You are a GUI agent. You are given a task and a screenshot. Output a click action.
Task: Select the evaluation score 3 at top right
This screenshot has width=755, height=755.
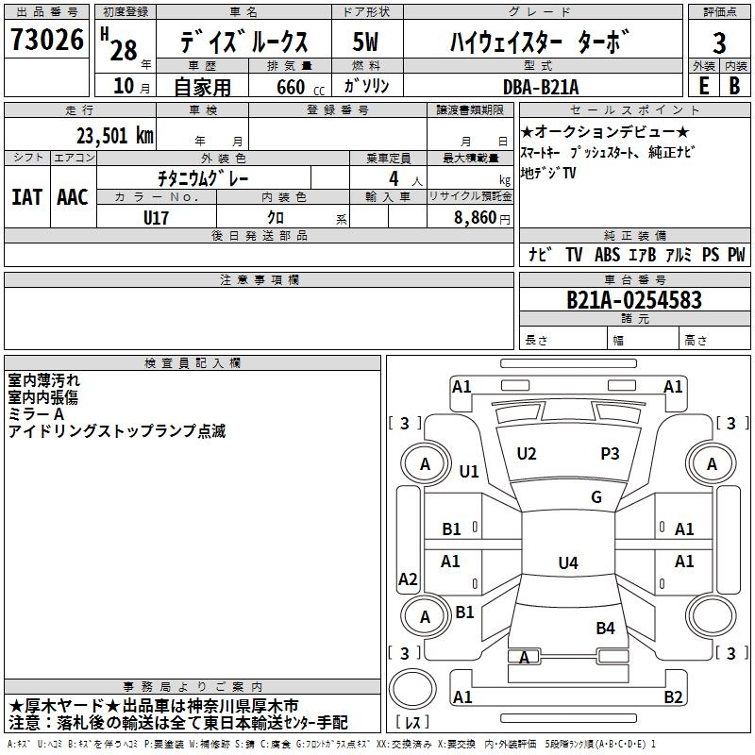coord(719,43)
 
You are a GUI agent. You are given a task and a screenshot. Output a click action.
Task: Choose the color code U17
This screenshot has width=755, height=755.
coord(156,216)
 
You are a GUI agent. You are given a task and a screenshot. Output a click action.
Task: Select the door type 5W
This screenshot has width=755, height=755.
coord(366,42)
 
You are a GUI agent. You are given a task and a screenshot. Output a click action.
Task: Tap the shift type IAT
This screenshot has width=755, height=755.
coord(26,197)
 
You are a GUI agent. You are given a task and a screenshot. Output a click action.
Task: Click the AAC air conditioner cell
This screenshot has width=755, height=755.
coord(72,197)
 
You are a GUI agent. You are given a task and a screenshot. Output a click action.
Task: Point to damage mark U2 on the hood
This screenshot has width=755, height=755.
coord(527,454)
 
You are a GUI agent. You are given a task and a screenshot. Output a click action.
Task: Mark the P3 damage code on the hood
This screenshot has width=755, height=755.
coord(610,454)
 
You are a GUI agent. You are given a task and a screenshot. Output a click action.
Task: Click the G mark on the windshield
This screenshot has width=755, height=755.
coord(596,497)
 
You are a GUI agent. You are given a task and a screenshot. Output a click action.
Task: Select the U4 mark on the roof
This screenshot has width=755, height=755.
coord(567,563)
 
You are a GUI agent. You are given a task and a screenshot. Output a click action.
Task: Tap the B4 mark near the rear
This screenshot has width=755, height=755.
coord(605,628)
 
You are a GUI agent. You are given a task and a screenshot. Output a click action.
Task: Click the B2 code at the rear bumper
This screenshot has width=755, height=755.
coord(673,697)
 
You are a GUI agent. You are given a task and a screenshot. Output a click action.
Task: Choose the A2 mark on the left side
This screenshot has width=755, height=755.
coord(408,579)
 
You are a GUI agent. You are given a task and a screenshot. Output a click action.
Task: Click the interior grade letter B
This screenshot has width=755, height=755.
coord(734,86)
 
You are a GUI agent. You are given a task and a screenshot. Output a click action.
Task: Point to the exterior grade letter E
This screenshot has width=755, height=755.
coord(703,86)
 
